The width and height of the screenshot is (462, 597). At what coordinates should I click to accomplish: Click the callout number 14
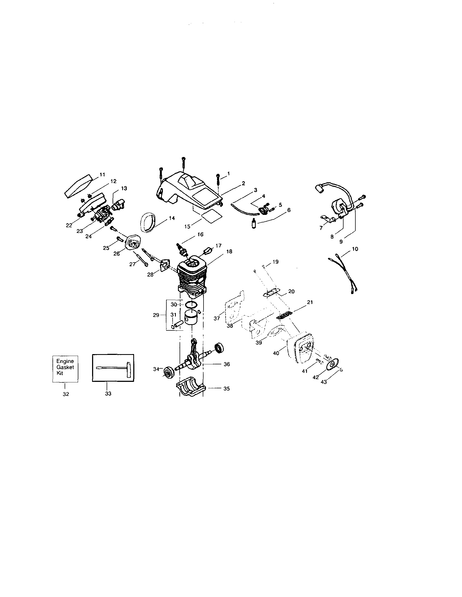172,218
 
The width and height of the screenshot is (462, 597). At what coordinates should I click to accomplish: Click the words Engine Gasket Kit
65,367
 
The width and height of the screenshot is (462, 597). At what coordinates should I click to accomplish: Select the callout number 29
156,315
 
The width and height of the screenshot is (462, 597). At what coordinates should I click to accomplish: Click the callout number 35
226,388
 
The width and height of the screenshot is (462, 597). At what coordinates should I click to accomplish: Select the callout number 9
341,242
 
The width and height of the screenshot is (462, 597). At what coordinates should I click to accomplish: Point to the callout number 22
69,225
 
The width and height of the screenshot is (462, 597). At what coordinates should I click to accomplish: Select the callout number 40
276,354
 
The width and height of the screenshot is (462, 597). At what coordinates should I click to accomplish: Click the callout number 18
229,251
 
